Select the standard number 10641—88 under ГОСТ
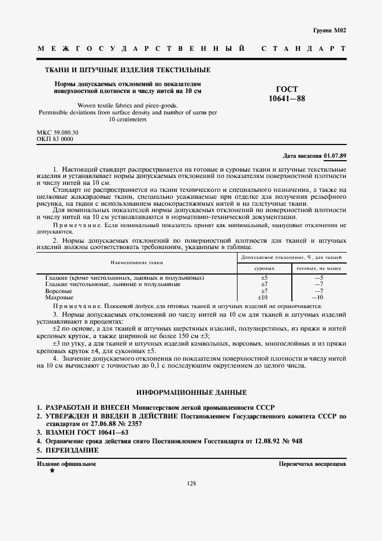coord(287,99)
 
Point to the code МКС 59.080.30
coord(57,133)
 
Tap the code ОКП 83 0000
coord(55,139)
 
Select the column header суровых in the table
coord(264,253)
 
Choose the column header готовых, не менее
coord(318,253)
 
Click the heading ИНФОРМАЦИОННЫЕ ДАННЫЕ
coord(191,392)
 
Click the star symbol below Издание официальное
coord(52,471)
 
